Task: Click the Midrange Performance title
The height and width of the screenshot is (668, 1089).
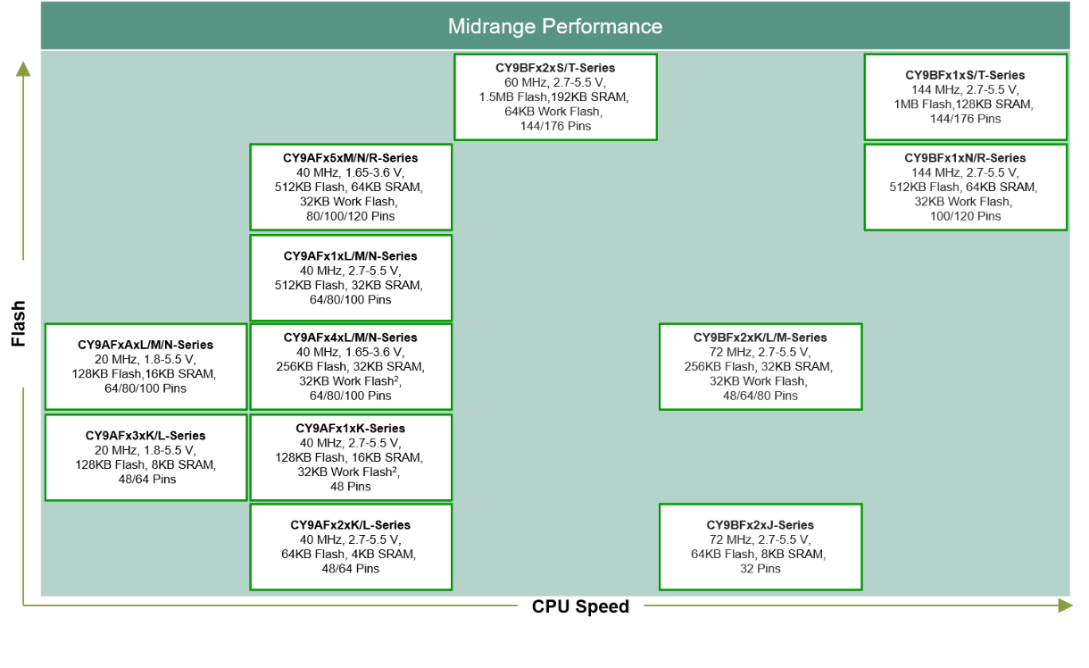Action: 555,26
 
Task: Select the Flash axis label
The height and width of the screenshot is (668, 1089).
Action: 19,323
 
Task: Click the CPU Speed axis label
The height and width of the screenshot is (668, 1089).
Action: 580,607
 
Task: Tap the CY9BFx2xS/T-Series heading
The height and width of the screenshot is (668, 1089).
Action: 555,68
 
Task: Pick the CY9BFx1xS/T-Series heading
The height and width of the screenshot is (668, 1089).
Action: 965,76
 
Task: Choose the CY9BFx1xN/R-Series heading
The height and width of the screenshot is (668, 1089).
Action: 965,158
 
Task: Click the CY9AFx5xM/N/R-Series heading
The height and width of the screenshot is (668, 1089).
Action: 350,158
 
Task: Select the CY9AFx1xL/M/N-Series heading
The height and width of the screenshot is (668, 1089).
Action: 350,256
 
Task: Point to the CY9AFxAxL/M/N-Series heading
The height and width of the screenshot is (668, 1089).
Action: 145,345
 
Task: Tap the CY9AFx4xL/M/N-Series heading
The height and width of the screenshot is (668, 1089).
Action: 350,338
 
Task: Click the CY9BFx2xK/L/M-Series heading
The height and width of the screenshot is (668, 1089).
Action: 760,338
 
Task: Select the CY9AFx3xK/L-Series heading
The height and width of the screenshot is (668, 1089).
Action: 145,436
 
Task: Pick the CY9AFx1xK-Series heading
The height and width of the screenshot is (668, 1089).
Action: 350,429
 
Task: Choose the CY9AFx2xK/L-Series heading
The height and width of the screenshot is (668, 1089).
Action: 350,525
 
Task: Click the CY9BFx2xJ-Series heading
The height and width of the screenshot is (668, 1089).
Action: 760,525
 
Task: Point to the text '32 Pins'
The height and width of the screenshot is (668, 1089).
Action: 760,569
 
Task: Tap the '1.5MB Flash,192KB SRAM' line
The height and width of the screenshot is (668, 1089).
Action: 555,97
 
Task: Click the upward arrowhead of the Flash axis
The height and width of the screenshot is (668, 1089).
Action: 23,69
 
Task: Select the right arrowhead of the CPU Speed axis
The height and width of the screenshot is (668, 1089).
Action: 1065,605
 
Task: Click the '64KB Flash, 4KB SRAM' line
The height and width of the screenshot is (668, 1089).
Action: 350,555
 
